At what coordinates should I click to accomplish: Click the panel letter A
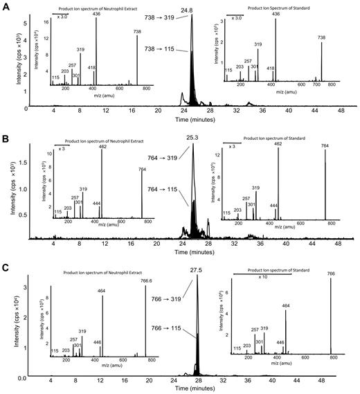tap(5, 6)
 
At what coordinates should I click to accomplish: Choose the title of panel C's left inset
tap(97, 272)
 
